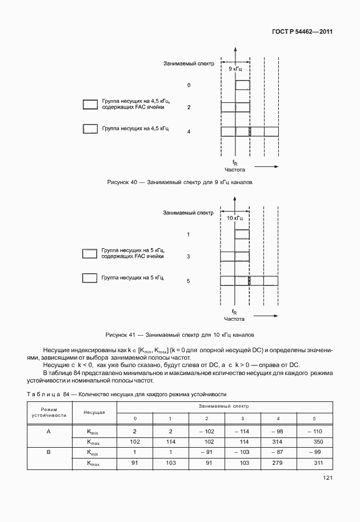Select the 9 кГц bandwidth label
tap(235, 69)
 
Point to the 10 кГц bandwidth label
tap(235, 218)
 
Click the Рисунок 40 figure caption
tap(180, 182)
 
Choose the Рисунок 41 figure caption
tap(180, 333)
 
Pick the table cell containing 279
tap(278, 463)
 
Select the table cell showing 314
tap(278, 441)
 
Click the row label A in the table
tap(49, 431)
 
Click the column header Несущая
tap(94, 411)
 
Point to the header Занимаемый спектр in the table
tap(223, 405)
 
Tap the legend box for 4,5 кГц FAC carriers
tap(90, 104)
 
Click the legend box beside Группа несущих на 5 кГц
tap(90, 278)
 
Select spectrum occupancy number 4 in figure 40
tap(189, 132)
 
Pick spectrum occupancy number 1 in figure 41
tap(188, 234)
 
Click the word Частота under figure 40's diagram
tap(235, 170)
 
